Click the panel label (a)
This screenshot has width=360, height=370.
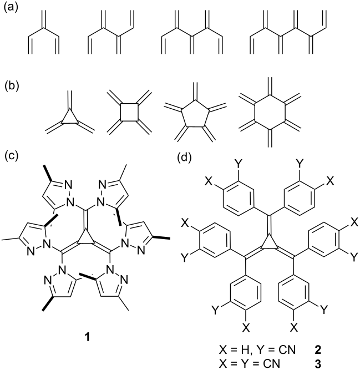click(x=11, y=8)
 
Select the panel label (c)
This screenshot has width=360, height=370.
click(x=11, y=156)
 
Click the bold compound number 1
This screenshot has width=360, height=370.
click(x=87, y=337)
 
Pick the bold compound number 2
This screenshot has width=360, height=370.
click(x=318, y=350)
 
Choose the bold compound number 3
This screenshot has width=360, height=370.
click(x=318, y=364)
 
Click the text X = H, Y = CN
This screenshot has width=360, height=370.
click(x=257, y=350)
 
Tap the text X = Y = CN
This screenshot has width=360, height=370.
click(x=250, y=364)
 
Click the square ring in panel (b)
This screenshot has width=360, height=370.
click(x=129, y=112)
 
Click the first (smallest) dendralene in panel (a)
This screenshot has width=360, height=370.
click(x=43, y=32)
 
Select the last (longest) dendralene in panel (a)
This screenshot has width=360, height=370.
click(x=288, y=32)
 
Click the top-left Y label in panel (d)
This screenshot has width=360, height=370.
click(x=238, y=163)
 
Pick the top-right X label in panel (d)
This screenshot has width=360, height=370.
click(x=331, y=181)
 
